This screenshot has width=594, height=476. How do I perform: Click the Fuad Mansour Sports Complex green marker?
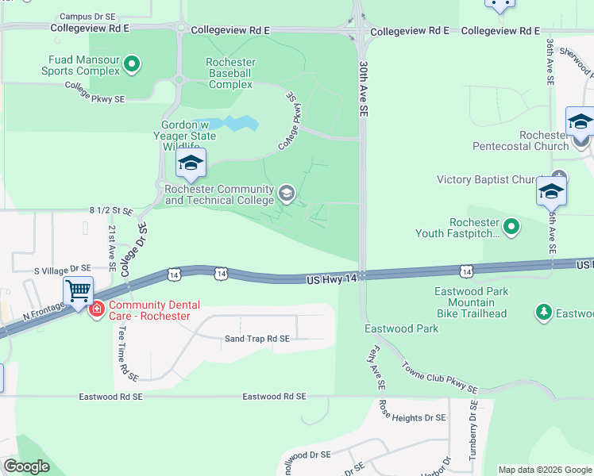coord(133,64)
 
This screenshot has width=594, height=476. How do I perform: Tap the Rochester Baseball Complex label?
coord(230,73)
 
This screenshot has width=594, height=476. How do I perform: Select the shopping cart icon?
coord(79,291)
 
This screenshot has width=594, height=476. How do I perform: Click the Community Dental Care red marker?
coord(97,308)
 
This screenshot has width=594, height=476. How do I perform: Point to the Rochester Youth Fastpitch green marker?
coord(512,227)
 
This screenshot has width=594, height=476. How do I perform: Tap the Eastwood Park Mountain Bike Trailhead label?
coord(471,302)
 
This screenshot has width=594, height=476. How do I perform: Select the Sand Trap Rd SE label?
coord(257,338)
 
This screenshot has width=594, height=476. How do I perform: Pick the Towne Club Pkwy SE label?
coord(439,378)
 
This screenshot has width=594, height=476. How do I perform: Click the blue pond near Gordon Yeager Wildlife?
coord(234,124)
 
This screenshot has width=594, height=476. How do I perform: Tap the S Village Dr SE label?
coord(63,270)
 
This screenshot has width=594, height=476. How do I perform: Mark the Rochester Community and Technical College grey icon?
coord(286,192)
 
